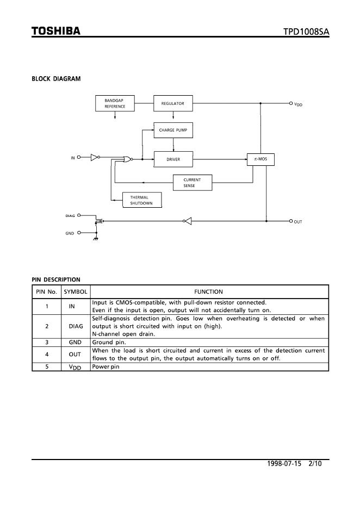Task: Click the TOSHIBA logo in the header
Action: (x=56, y=31)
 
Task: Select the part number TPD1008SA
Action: (x=306, y=32)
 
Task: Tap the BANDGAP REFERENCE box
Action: (x=115, y=103)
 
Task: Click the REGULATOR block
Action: (x=173, y=103)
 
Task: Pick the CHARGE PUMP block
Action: (x=173, y=131)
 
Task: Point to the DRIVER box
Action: (x=173, y=159)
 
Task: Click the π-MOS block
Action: (x=260, y=159)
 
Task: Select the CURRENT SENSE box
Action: (x=192, y=183)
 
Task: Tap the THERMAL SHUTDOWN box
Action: (x=141, y=200)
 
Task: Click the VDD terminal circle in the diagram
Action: (x=291, y=103)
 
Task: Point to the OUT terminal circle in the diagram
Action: (x=291, y=221)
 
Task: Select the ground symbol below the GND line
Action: (x=96, y=239)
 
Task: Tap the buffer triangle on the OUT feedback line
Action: (x=188, y=221)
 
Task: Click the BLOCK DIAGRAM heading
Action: (x=56, y=79)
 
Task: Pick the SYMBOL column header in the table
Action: (x=75, y=292)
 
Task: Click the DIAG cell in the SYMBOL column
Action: (x=75, y=326)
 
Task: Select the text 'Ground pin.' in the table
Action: (x=109, y=343)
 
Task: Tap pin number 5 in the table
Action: (x=46, y=367)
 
